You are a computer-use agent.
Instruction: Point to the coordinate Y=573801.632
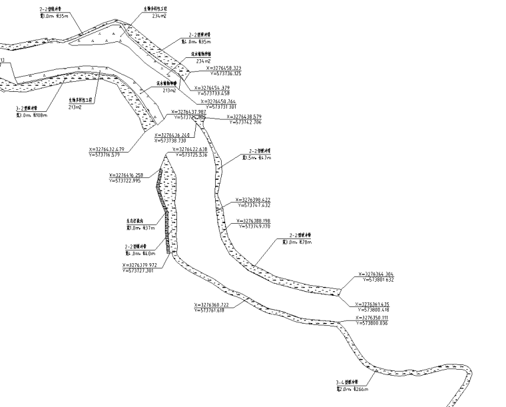380,280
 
